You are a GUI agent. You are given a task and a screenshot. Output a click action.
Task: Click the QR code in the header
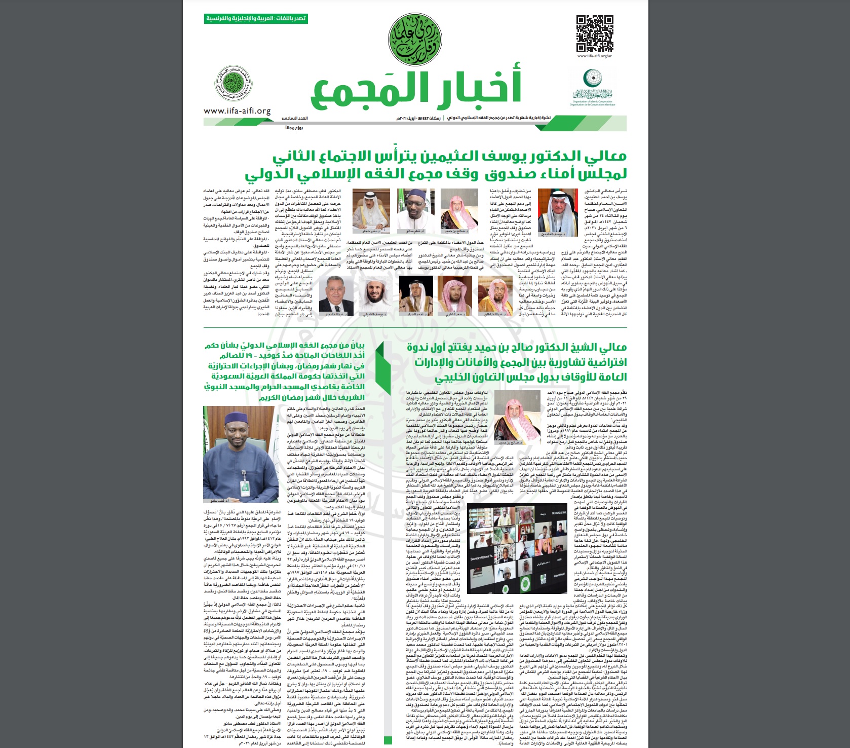click(595, 34)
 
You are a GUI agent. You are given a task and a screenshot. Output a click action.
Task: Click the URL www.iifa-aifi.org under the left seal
click(237, 111)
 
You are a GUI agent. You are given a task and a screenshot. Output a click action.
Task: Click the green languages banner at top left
click(256, 19)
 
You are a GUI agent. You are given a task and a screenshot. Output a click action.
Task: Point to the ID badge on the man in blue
click(245, 485)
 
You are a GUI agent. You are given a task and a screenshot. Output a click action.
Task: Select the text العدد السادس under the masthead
click(295, 118)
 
